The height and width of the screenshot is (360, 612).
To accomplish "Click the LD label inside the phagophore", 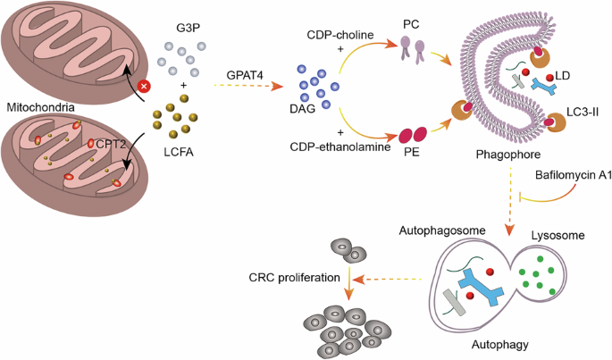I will [562, 78].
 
